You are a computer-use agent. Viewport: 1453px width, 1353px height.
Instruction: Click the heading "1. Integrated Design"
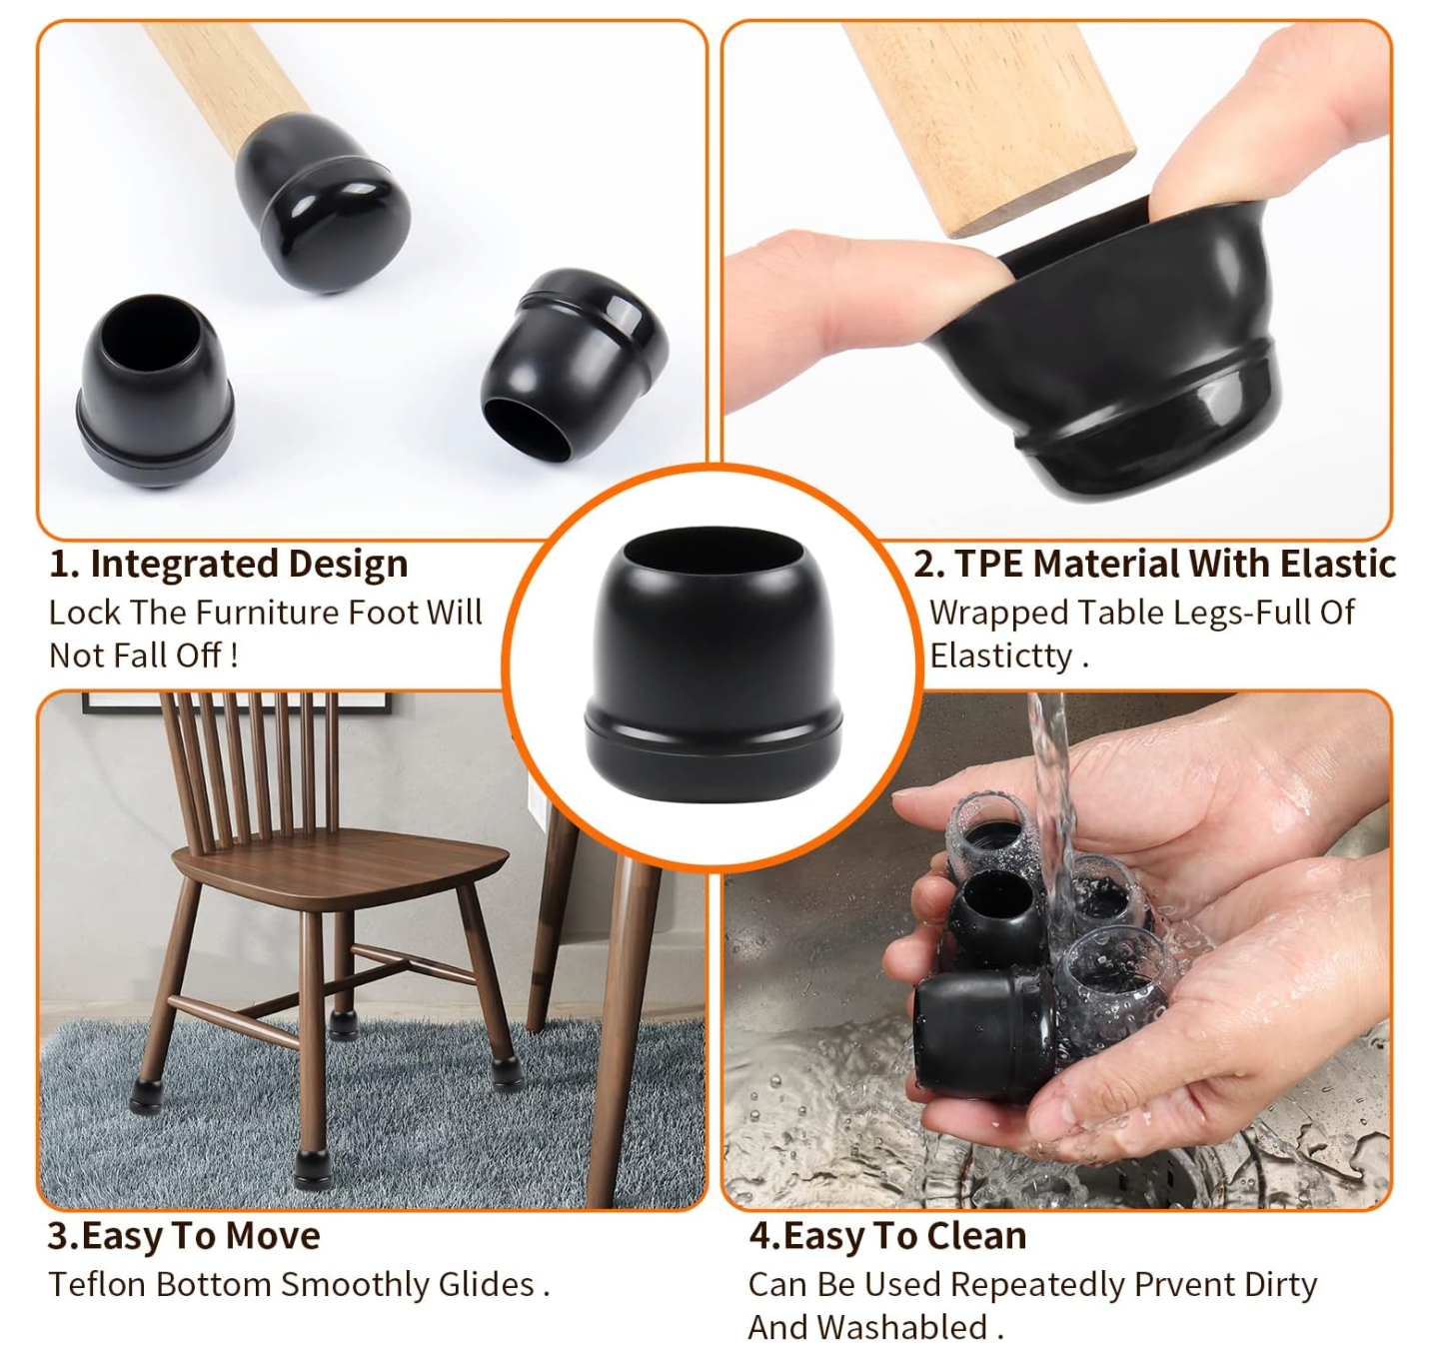coord(228,565)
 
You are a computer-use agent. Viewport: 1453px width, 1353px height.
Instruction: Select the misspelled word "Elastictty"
coord(1001,657)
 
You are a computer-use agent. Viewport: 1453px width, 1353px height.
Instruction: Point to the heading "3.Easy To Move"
coord(184,1236)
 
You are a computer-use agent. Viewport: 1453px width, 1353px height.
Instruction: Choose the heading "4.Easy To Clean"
coord(887,1236)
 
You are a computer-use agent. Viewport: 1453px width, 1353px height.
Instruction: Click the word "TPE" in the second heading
coord(990,565)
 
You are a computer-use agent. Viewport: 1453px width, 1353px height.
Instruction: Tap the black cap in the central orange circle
coord(714,664)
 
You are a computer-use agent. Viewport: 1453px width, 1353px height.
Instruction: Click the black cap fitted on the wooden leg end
coord(323,203)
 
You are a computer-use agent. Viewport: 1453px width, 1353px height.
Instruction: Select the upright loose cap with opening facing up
coord(155,391)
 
